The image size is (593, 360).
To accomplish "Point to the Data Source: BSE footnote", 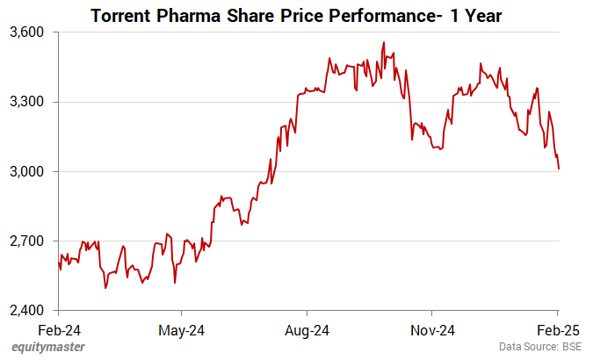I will [x=540, y=348].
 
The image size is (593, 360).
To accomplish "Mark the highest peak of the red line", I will [x=383, y=42].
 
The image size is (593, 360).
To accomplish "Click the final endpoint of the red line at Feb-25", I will [x=559, y=169].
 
